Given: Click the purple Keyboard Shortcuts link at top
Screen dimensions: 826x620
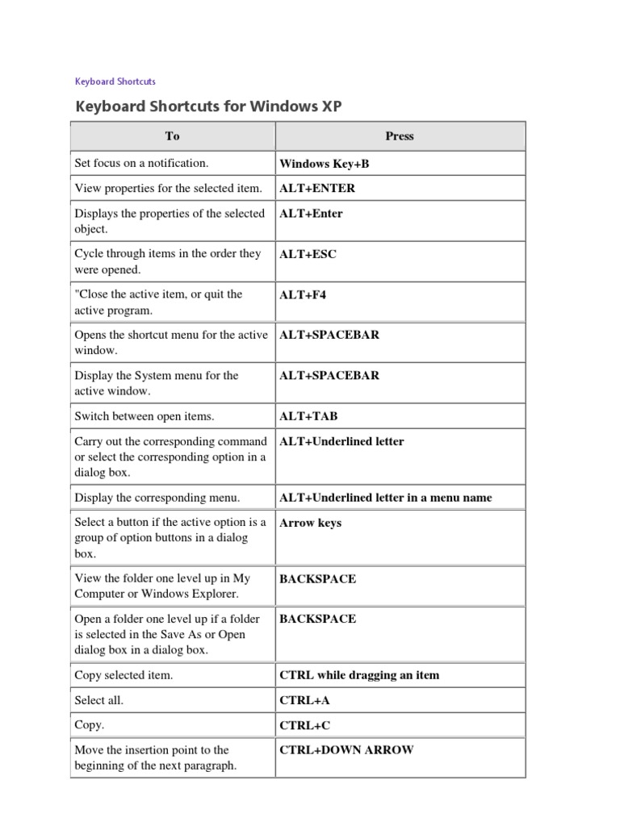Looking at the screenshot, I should coord(115,81).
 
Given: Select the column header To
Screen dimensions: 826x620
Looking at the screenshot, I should coord(172,136).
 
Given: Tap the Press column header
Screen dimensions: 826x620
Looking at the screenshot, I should coord(400,136).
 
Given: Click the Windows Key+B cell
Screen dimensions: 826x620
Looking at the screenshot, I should coord(324,164).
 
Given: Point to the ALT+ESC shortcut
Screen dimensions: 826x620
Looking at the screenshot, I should coord(308,254).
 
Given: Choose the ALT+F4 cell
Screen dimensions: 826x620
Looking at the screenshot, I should coord(303,294).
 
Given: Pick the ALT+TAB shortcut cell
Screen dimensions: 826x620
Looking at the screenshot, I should coord(308,417).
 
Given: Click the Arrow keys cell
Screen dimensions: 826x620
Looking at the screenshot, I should coord(310,523).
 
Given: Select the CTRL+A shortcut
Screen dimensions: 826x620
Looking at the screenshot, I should coord(304,702).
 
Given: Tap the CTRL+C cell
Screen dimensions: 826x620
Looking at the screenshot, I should coord(304,726).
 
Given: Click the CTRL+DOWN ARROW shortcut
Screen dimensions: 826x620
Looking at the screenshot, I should coord(346,750).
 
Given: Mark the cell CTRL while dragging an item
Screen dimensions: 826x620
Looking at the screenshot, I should coord(359,675).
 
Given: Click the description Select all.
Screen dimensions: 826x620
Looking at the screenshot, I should coord(99,702).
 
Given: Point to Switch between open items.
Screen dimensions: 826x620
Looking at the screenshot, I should coord(145,417).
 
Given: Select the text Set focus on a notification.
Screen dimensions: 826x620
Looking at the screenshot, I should coord(141,163).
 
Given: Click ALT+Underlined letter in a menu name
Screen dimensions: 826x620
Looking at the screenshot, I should coord(385,498).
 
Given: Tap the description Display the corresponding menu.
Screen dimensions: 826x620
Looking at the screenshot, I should coord(157,498).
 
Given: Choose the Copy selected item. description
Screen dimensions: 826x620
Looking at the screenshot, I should coord(124,675).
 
